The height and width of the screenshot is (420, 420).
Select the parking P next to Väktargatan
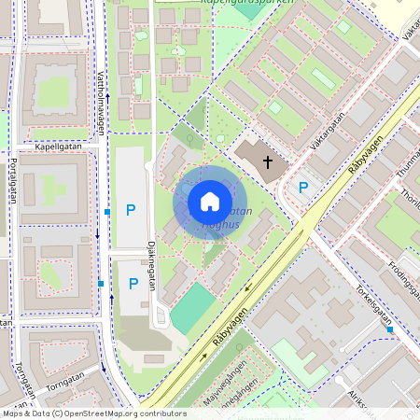point(302,188)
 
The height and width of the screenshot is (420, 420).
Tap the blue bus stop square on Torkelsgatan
point(391,329)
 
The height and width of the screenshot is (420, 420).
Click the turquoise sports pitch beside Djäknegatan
point(192,308)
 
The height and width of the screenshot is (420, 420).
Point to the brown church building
point(258,159)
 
